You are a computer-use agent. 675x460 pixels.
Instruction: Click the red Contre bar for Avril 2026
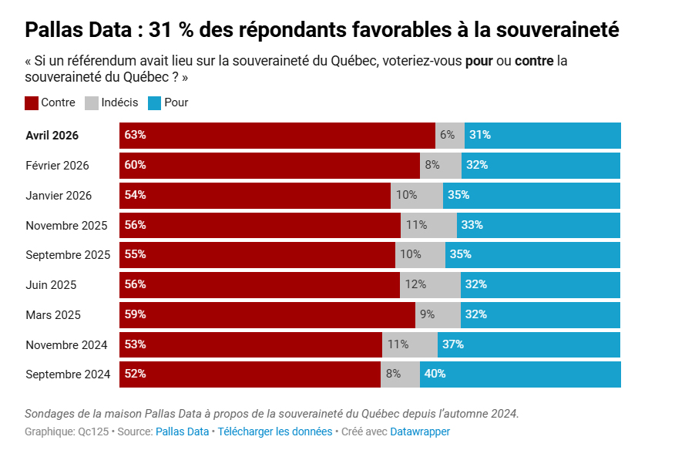(277, 135)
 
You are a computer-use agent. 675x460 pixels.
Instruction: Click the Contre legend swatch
(32, 102)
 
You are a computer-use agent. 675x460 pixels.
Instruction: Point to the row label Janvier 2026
(59, 195)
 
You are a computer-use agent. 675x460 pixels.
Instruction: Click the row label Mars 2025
(52, 314)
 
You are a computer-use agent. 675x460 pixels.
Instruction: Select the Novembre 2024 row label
(66, 344)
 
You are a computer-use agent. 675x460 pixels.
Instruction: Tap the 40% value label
(435, 374)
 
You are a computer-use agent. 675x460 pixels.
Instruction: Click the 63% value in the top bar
(135, 135)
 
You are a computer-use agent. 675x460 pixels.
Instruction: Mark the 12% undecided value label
(415, 284)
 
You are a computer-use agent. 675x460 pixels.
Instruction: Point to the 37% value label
(452, 344)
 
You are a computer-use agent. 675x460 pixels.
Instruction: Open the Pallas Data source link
(182, 431)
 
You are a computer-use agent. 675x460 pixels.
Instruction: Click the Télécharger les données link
(275, 431)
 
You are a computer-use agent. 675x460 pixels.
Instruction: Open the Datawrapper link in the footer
(420, 431)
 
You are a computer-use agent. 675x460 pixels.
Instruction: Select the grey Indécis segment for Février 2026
(441, 165)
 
